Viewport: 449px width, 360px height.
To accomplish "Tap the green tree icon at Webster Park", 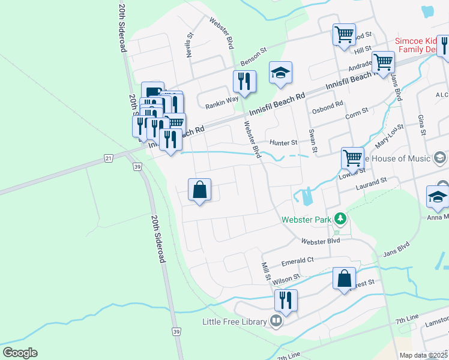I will [x=340, y=218].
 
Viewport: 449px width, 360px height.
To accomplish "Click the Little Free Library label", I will [x=234, y=322].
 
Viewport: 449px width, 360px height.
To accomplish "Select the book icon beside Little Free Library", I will [x=276, y=322].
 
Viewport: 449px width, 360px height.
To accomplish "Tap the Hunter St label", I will [x=283, y=143].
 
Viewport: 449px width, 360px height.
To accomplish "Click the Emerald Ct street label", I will [x=298, y=261].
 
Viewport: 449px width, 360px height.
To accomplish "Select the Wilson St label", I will [x=285, y=279].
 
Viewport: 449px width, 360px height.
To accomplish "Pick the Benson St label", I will [x=253, y=58].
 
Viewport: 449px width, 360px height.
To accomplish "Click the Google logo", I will [x=19, y=353].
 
